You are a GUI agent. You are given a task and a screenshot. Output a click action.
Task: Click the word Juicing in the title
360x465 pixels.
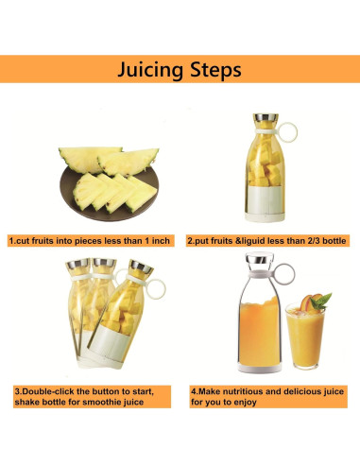pyautogui.click(x=150, y=70)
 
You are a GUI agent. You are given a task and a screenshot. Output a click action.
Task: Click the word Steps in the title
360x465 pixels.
pyautogui.click(x=216, y=70)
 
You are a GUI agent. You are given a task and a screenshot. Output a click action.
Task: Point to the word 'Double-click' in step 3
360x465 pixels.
pyautogui.click(x=44, y=391)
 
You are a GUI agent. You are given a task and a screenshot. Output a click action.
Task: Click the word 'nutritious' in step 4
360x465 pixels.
pyautogui.click(x=244, y=391)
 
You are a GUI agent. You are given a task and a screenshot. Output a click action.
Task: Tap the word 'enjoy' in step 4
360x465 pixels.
pyautogui.click(x=246, y=403)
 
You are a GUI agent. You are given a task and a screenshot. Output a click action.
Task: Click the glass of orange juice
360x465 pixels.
pyautogui.click(x=305, y=336)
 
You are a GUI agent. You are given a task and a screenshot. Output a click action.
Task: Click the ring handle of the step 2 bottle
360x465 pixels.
pyautogui.click(x=287, y=131)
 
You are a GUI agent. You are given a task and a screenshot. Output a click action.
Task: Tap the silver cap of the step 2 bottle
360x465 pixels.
pyautogui.click(x=266, y=117)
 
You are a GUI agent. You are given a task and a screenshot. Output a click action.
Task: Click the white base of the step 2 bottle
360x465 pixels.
pyautogui.click(x=265, y=217)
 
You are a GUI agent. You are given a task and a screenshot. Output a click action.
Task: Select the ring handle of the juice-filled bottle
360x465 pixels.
pyautogui.click(x=284, y=274)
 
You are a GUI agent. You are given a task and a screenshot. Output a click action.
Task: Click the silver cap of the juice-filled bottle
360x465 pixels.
pyautogui.click(x=259, y=259)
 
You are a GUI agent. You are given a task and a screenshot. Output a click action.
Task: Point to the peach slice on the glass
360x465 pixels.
pyautogui.click(x=306, y=301)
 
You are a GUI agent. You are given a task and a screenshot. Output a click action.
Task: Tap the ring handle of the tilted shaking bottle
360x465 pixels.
pyautogui.click(x=155, y=290)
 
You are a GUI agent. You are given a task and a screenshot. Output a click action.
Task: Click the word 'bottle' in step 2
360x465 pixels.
pyautogui.click(x=334, y=241)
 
